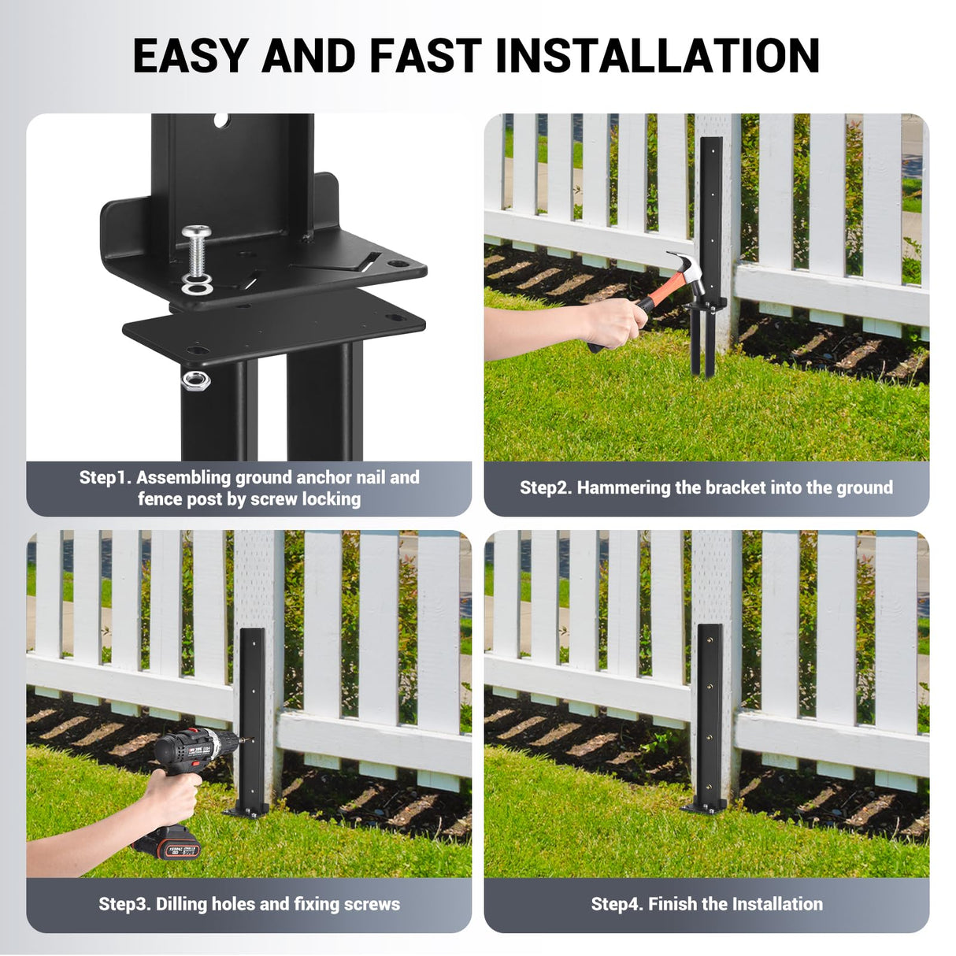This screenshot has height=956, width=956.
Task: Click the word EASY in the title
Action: (191, 56)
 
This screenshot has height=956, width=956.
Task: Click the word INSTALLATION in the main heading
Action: (658, 56)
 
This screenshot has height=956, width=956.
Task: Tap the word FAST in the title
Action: (425, 56)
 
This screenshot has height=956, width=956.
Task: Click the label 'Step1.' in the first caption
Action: (106, 478)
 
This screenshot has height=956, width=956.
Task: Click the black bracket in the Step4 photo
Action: (710, 709)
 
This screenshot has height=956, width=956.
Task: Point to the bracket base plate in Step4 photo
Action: (703, 806)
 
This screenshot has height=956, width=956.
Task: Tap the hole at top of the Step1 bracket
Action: (220, 120)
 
